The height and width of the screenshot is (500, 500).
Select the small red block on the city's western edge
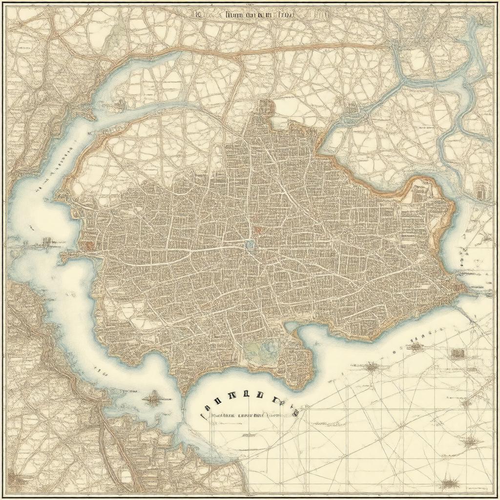pos(88,245)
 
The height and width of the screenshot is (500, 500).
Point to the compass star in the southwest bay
pos(153,399)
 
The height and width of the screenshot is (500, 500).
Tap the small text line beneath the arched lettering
pos(244,416)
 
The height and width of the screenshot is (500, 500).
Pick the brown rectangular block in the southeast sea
pos(458,353)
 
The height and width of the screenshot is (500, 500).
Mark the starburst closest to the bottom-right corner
pos(448,484)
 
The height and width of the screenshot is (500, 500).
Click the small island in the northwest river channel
pos(119,104)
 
